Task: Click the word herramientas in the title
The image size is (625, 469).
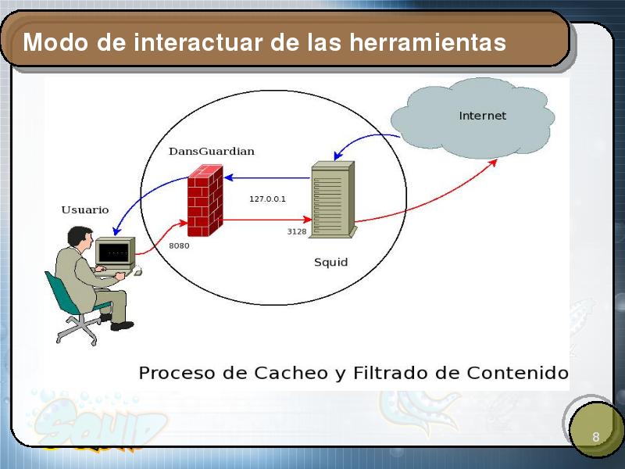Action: tap(428, 42)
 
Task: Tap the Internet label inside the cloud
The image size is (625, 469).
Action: tap(482, 116)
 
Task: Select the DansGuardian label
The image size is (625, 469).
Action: tap(211, 151)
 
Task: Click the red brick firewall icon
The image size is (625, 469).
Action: tap(205, 200)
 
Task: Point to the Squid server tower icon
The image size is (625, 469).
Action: tap(333, 199)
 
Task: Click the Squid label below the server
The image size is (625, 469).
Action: tap(330, 262)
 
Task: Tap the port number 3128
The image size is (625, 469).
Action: tap(297, 231)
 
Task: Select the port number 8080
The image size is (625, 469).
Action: tap(179, 245)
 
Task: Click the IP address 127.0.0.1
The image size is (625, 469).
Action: tap(267, 199)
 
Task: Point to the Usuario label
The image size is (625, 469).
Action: tap(85, 209)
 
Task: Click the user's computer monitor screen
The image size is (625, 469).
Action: tap(113, 252)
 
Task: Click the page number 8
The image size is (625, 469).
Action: tap(596, 437)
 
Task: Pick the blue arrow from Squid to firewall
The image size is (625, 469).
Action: tap(267, 178)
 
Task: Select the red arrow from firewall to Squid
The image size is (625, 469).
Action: tap(267, 220)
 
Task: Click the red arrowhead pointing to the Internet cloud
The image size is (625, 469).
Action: tap(494, 163)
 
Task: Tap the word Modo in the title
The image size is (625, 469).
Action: tap(55, 42)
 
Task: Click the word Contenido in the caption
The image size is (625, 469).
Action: tap(517, 373)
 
